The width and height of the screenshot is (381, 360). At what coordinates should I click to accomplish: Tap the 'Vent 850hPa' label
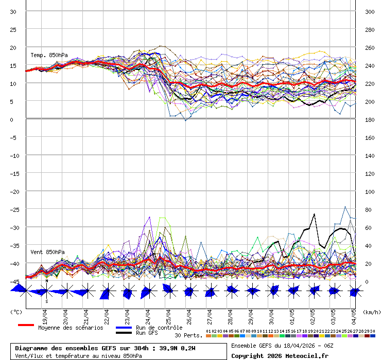47,252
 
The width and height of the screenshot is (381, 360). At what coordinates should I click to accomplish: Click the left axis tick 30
13,11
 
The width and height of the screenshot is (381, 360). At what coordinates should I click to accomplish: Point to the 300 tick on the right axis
370,11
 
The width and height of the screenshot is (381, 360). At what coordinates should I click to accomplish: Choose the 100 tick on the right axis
370,191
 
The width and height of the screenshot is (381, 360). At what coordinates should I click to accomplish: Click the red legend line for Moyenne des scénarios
26,325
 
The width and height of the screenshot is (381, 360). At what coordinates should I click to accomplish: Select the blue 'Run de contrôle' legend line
124,328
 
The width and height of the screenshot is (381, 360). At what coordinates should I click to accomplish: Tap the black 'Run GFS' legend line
124,333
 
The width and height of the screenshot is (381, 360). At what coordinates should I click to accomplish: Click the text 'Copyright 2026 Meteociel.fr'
280,355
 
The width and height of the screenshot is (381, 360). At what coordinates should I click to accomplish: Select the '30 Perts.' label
189,335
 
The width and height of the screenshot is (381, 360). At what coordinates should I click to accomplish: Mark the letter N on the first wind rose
46,281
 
